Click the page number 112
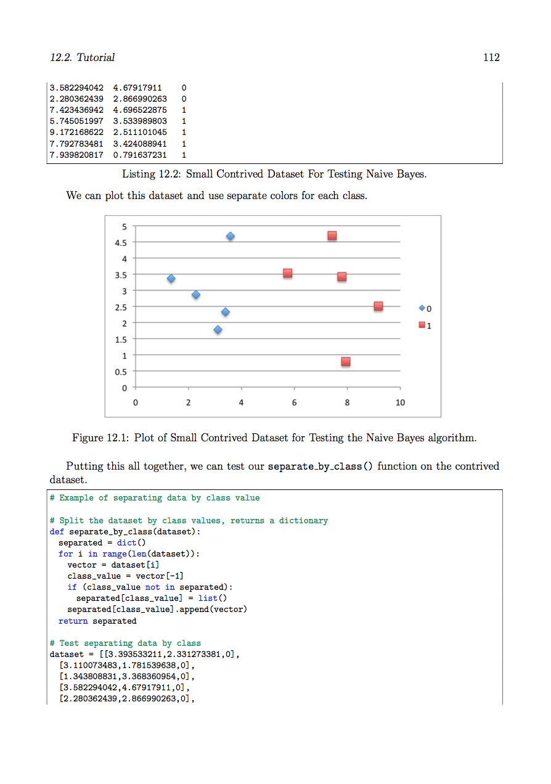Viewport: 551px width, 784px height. tap(491, 57)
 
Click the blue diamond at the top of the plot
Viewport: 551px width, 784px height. tap(231, 236)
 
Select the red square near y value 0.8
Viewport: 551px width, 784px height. tap(346, 362)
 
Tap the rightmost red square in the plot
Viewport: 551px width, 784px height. tap(378, 306)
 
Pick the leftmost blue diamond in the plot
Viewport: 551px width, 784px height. tap(171, 279)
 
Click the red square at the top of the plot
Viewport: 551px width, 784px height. tap(332, 235)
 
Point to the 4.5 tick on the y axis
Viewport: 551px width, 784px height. tap(121, 243)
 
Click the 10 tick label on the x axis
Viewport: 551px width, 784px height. tap(400, 402)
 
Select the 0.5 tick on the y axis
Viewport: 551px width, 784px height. tap(121, 372)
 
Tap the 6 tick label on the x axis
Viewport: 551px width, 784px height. tap(294, 402)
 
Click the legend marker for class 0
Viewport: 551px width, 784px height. tap(422, 308)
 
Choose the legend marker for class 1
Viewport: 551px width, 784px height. tap(422, 325)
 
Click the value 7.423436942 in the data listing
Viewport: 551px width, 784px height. tap(76, 110)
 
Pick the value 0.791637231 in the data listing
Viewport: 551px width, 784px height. tap(140, 155)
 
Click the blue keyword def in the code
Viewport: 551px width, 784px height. tap(57, 531)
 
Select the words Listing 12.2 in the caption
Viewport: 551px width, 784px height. tap(149, 174)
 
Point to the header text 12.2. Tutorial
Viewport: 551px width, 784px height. tap(82, 57)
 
